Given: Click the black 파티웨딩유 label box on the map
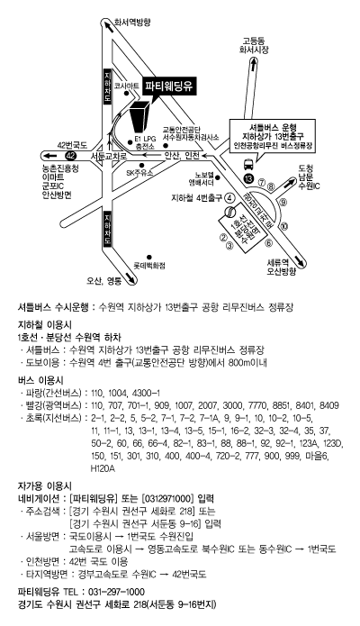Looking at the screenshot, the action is (x=170, y=86).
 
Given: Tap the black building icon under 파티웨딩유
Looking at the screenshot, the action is (x=140, y=116).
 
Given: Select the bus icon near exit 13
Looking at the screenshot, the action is (x=247, y=164).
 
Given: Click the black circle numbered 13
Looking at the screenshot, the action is (x=248, y=178).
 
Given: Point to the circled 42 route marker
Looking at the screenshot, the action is (x=70, y=155).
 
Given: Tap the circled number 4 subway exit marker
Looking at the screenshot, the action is (x=229, y=197).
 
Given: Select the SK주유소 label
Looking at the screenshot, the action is (x=139, y=172).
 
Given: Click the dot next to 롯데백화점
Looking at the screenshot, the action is (x=149, y=257).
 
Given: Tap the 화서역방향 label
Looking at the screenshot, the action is (x=132, y=23).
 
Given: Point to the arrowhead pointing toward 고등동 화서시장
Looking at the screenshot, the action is (x=254, y=62).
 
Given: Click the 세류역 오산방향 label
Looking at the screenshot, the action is (x=282, y=268).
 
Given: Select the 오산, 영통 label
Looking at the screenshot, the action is (x=103, y=281).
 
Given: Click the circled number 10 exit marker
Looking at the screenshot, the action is (x=284, y=227).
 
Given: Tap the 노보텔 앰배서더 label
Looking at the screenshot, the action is (x=202, y=178).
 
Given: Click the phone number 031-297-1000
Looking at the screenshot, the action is (x=116, y=592).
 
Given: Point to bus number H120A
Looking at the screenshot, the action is (x=103, y=468).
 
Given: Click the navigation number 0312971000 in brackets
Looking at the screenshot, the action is (x=167, y=499).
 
